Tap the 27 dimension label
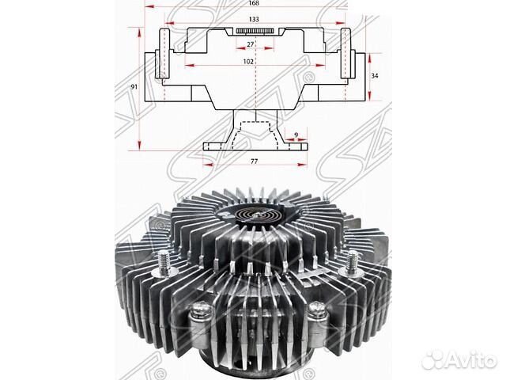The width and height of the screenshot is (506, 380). click(x=251, y=45)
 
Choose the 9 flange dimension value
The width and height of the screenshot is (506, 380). click(x=295, y=135)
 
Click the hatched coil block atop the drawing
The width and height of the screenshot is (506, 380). click(x=255, y=31)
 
